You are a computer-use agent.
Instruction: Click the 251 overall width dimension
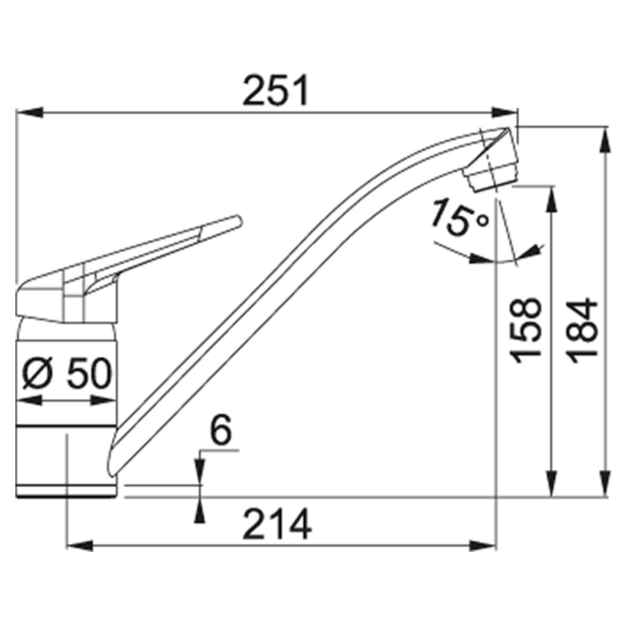(x=276, y=90)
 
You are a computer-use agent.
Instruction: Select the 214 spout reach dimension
(x=278, y=524)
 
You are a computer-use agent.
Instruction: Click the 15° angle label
(x=459, y=218)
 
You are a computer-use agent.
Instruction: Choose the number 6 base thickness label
(x=220, y=430)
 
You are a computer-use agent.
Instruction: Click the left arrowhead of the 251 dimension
(x=29, y=112)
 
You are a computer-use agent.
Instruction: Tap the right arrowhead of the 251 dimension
(x=504, y=112)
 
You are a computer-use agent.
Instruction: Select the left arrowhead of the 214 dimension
(x=80, y=545)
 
